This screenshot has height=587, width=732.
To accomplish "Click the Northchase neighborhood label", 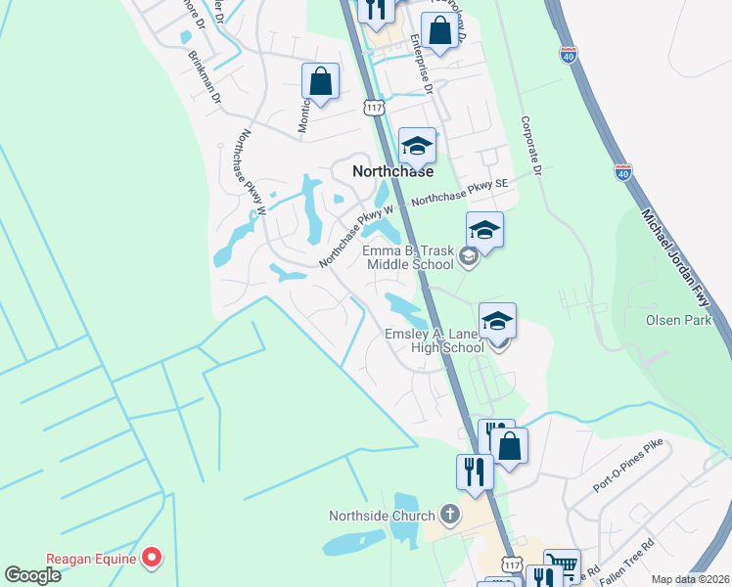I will [x=391, y=171].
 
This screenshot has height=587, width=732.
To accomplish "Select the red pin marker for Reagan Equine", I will [x=152, y=559].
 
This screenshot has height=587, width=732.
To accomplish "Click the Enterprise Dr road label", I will [x=422, y=63].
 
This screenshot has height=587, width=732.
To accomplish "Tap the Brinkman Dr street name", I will [x=205, y=74].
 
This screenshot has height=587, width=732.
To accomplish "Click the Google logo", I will [x=32, y=575].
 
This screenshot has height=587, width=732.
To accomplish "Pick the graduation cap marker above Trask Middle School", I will [x=484, y=232].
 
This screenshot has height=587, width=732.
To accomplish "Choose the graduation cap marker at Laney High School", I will [x=497, y=322].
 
